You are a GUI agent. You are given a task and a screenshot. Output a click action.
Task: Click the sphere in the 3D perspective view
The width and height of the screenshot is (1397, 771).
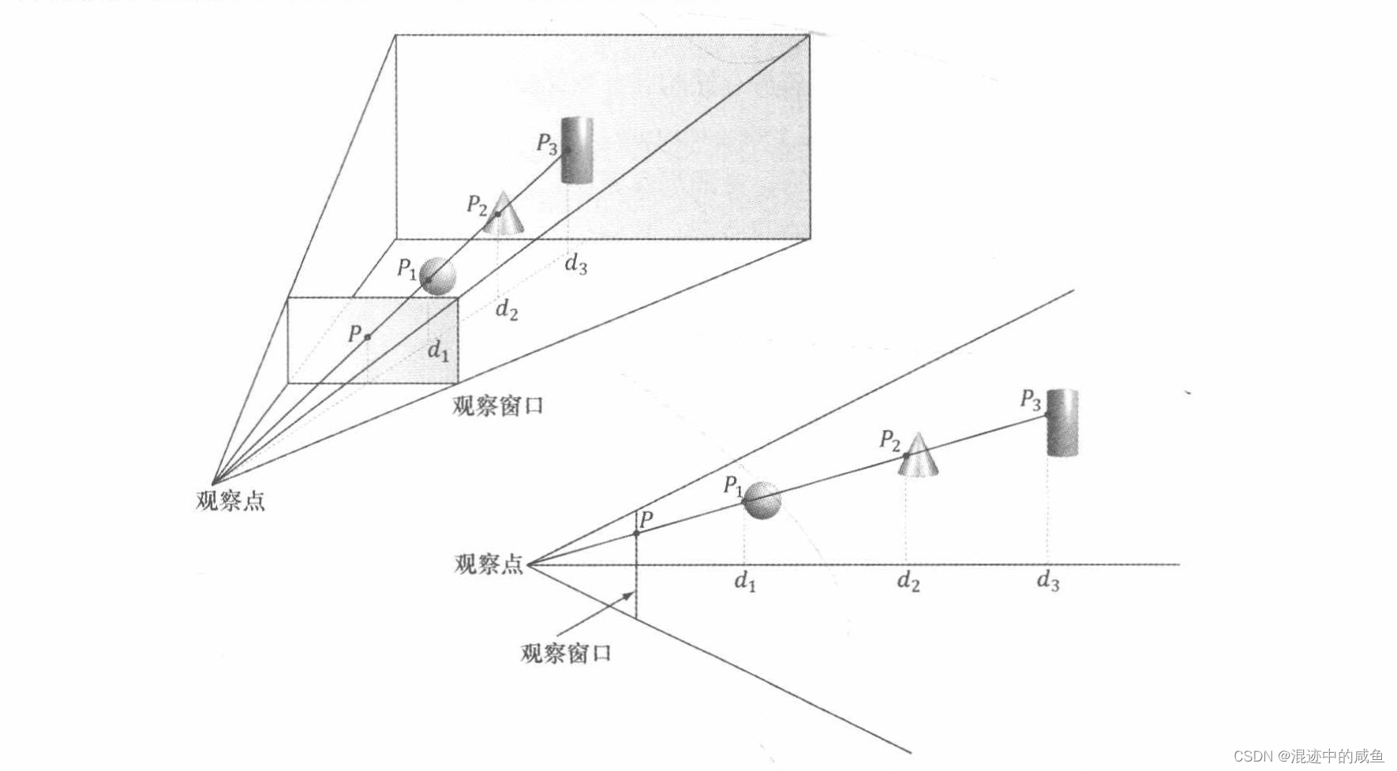[439, 276]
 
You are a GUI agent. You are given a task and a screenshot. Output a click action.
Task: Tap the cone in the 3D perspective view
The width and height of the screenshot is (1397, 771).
[503, 215]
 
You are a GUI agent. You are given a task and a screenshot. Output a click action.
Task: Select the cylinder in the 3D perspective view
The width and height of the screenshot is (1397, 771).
[577, 150]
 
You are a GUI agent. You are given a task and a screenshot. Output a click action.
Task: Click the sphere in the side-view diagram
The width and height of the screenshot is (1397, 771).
[762, 500]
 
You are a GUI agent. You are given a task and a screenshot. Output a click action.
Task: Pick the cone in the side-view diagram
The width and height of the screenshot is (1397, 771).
[918, 457]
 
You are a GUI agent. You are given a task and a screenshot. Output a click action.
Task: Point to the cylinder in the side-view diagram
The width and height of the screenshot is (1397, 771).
[1062, 422]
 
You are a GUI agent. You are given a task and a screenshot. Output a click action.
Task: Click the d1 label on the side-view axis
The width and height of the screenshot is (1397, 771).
[745, 582]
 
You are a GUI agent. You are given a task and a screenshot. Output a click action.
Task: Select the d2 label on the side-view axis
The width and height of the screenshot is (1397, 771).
[908, 582]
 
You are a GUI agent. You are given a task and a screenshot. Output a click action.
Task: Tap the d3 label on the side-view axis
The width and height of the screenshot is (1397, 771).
[1047, 582]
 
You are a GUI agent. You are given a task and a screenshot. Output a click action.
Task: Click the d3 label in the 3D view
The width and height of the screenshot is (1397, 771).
[575, 264]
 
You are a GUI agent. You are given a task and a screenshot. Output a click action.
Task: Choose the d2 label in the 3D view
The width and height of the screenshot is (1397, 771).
[507, 310]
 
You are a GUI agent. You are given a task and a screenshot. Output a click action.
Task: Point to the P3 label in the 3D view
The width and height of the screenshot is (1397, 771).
[547, 144]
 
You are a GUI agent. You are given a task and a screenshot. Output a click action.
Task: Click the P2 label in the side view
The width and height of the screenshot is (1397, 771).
[890, 440]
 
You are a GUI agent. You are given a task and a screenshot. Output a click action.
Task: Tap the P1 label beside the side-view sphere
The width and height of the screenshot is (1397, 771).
[733, 485]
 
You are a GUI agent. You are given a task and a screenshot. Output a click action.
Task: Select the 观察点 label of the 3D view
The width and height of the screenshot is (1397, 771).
[230, 501]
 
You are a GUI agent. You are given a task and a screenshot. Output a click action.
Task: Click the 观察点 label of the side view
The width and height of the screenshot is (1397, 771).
[489, 564]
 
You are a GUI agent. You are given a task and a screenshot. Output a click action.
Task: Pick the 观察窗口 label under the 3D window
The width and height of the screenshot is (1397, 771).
[498, 406]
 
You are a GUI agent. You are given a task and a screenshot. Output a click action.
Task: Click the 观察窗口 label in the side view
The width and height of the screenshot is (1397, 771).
[566, 653]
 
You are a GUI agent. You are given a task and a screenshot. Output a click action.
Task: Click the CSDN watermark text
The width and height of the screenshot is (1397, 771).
[1308, 756]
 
